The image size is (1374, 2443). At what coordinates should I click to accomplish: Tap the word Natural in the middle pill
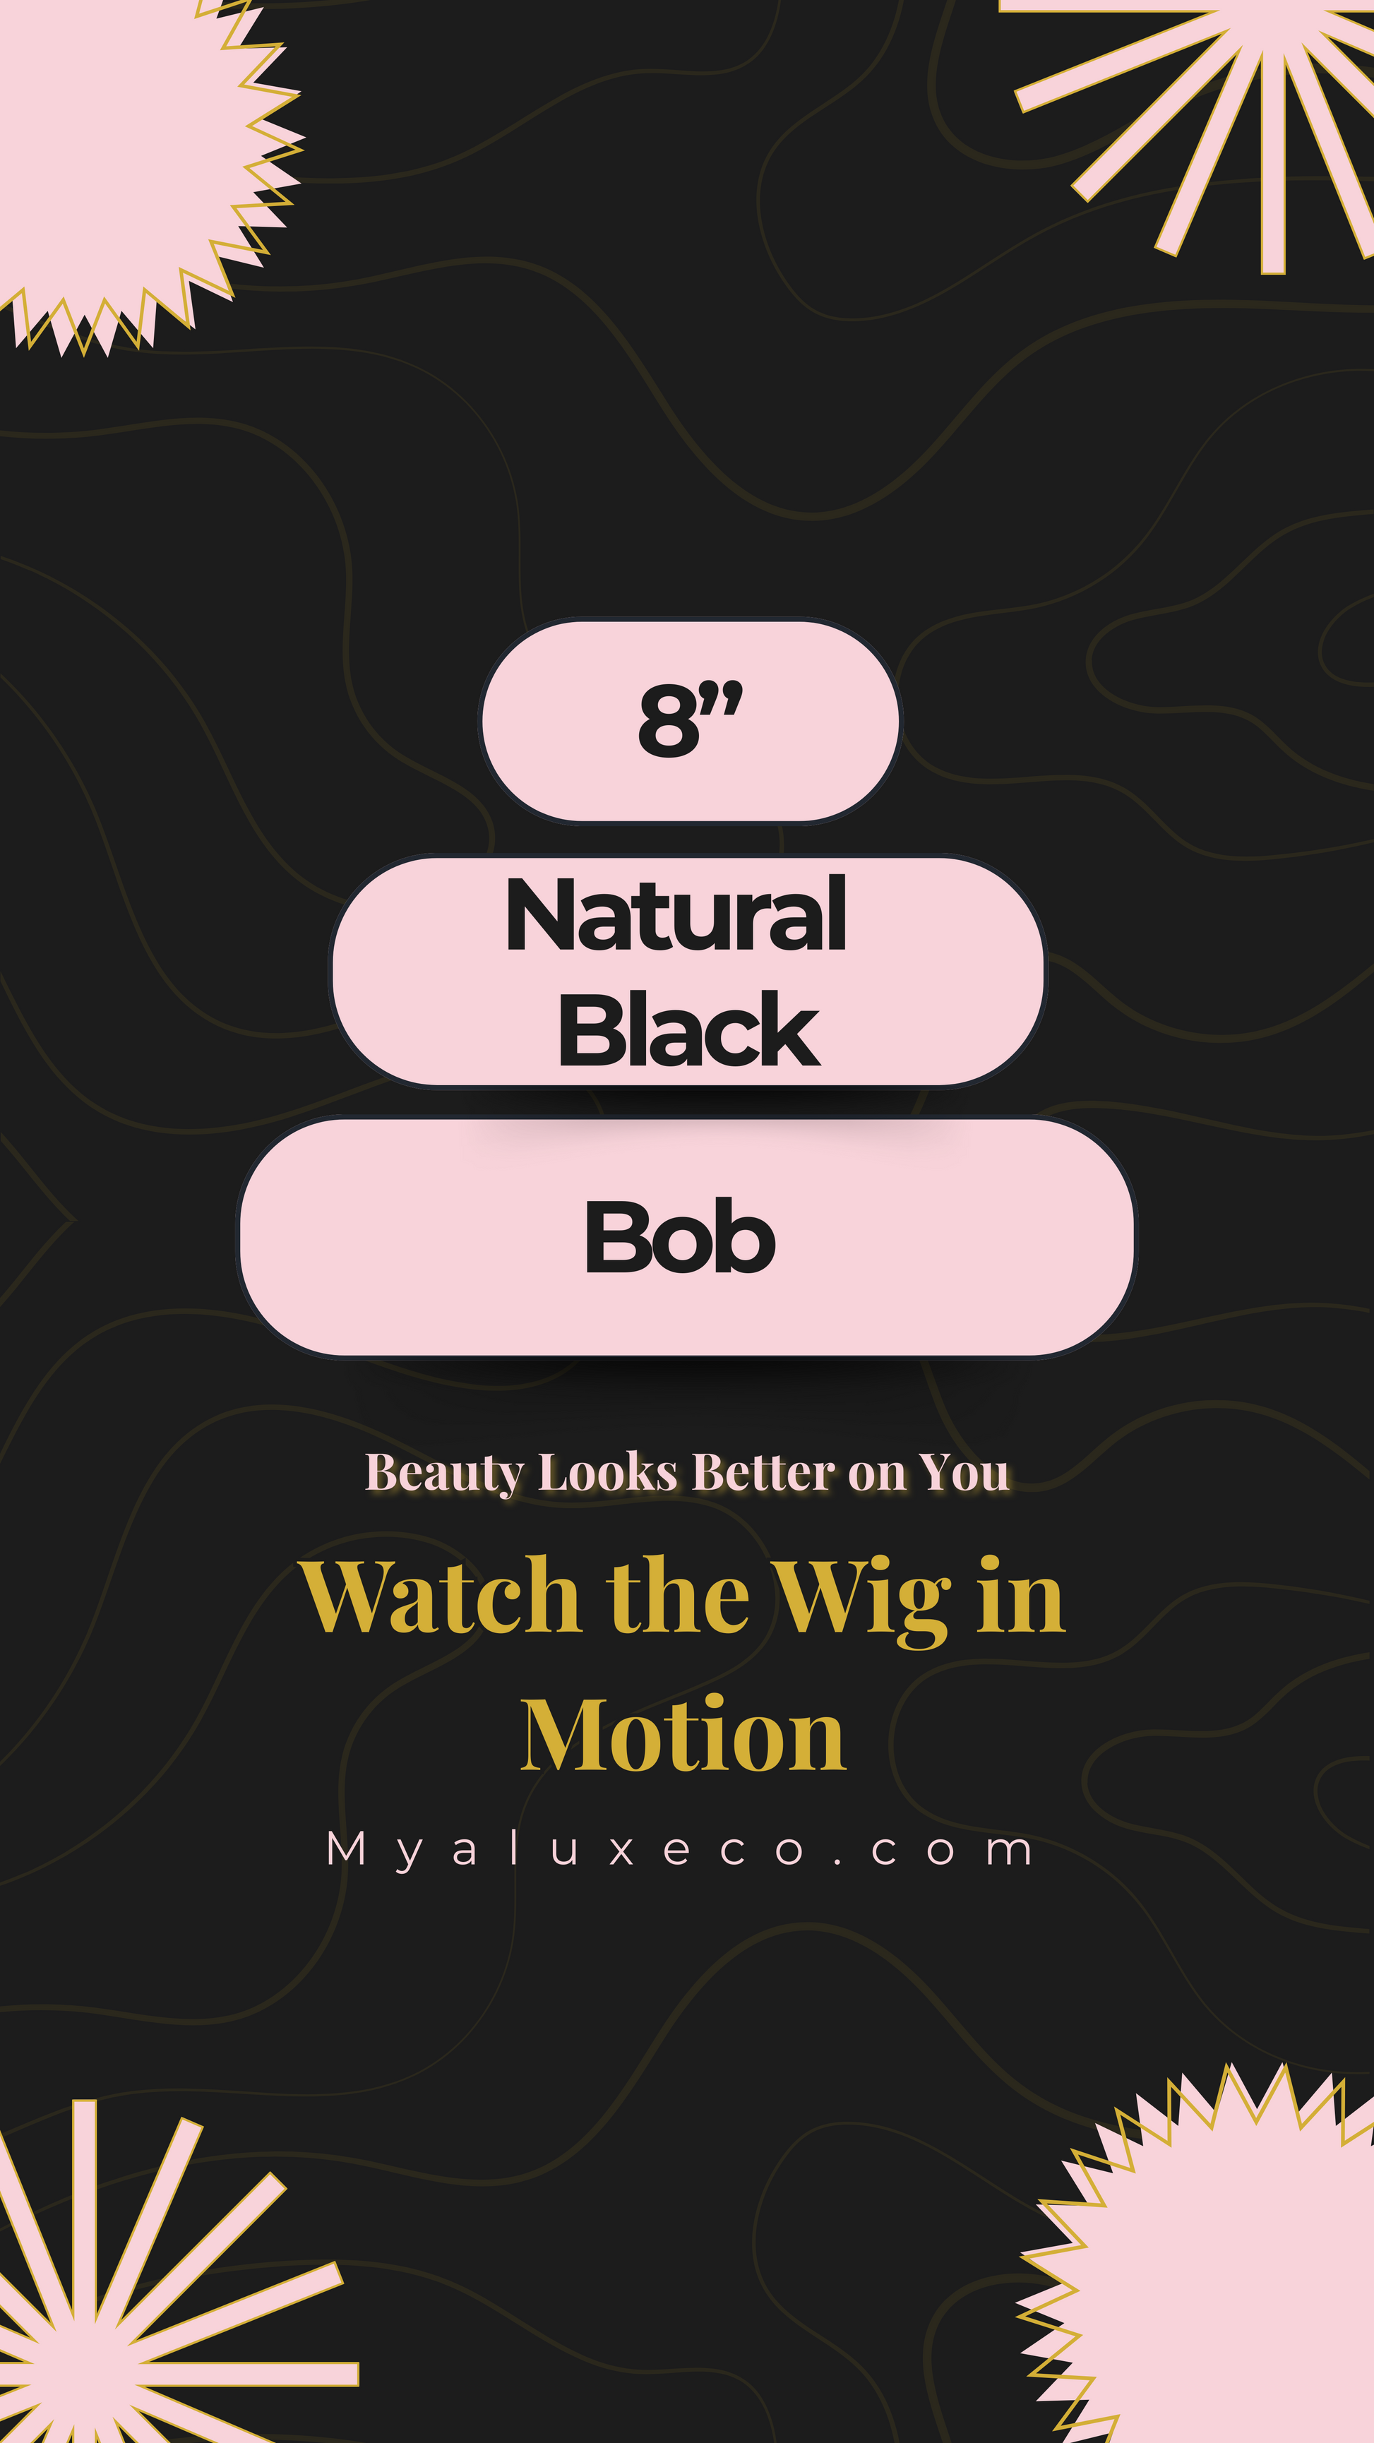(x=676, y=915)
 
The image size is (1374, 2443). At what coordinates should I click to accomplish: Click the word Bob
(x=680, y=1236)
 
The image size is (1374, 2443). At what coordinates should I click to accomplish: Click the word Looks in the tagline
(x=608, y=1473)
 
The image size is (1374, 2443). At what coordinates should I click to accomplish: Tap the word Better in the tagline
(x=763, y=1473)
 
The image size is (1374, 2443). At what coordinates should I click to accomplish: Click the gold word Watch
(x=440, y=1597)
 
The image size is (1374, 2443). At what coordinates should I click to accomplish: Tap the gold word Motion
(x=683, y=1736)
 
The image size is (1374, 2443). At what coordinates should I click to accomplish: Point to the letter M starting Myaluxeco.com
(x=345, y=1848)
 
